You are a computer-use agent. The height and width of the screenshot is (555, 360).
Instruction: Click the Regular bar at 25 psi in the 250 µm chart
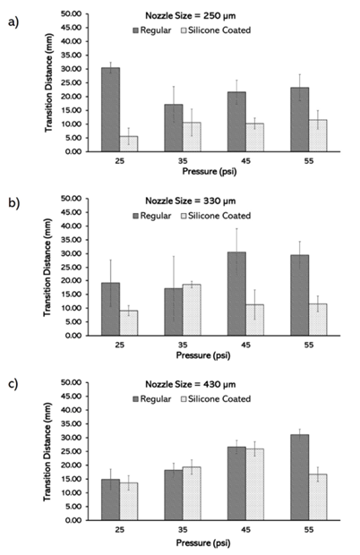[110, 110]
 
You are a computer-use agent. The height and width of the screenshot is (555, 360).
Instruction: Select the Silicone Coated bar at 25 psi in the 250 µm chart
[129, 144]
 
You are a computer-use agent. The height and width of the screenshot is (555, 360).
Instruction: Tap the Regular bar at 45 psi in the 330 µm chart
[236, 294]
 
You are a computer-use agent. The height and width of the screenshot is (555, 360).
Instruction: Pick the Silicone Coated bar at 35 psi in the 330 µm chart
[192, 310]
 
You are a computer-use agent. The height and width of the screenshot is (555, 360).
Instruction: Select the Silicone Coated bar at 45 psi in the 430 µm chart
[255, 484]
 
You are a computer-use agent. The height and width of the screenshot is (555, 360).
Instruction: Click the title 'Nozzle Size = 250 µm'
[191, 16]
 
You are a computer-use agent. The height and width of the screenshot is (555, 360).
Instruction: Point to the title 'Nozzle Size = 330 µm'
[191, 201]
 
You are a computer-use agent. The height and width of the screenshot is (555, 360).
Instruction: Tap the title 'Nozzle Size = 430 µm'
[191, 384]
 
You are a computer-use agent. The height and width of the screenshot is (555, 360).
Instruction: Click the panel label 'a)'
[13, 22]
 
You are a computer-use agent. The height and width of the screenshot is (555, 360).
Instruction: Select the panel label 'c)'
[13, 384]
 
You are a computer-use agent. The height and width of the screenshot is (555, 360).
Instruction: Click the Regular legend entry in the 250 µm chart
[152, 30]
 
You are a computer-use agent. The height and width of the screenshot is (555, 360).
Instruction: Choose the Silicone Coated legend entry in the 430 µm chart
[216, 399]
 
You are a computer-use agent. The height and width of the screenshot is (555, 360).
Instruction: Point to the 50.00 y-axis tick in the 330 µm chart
[72, 199]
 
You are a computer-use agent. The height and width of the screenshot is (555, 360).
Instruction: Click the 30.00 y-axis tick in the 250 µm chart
[72, 69]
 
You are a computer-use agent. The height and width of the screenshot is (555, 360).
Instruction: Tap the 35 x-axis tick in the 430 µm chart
[183, 530]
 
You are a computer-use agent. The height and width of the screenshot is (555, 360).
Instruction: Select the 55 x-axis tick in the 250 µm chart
[309, 161]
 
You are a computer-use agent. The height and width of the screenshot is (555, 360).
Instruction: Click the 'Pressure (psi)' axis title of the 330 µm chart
[203, 355]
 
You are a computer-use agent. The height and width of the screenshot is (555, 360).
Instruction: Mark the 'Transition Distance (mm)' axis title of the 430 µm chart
[47, 452]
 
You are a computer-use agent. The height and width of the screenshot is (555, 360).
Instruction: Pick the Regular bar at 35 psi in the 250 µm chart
[174, 128]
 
